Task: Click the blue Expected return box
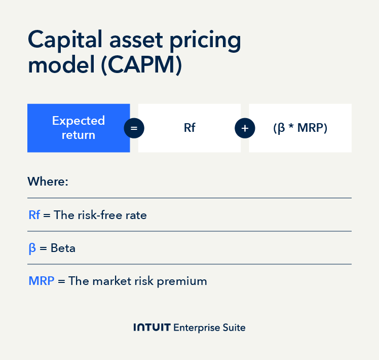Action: coord(79,128)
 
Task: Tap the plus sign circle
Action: coord(245,128)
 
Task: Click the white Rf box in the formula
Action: coord(189,128)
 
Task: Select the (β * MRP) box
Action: coord(300,128)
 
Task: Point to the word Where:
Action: coord(48,182)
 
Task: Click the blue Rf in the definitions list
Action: coord(34,215)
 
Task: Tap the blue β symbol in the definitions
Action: coord(32,249)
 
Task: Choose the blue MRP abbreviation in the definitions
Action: coord(42,281)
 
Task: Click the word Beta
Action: coord(63,248)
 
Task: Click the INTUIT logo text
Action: coord(151,328)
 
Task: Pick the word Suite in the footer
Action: coord(234,328)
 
